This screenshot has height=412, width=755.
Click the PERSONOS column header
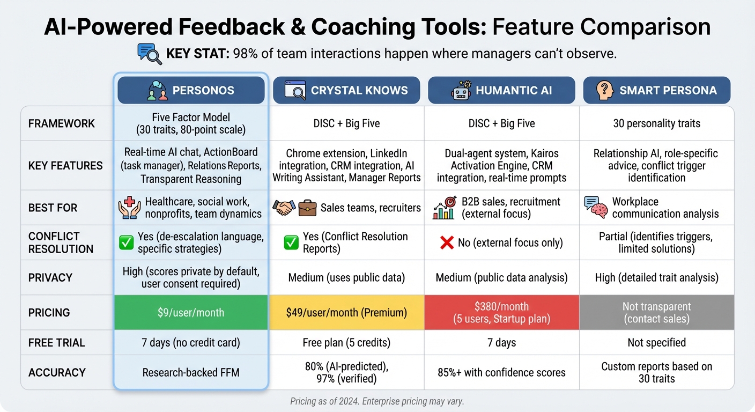[191, 90]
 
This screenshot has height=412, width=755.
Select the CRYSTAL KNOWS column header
[346, 90]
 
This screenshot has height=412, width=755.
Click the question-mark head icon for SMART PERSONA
[605, 90]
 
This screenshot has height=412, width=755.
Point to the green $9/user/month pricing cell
[191, 312]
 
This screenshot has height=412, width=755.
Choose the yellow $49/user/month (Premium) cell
[346, 312]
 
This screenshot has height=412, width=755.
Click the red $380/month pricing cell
[501, 312]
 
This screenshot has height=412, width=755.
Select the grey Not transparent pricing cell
[656, 312]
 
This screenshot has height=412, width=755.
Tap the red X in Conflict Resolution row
[447, 243]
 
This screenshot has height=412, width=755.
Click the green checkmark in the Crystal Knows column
[291, 243]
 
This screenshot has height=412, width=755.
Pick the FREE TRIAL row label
[56, 342]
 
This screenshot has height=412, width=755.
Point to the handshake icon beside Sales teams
[284, 208]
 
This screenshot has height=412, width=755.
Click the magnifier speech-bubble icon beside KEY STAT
[150, 54]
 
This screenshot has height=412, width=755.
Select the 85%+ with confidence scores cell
[501, 372]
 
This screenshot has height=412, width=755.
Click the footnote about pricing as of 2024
[377, 401]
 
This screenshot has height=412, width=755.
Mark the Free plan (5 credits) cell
[346, 342]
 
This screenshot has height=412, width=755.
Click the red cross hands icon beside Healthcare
[129, 208]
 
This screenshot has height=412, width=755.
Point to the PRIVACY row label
[50, 277]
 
